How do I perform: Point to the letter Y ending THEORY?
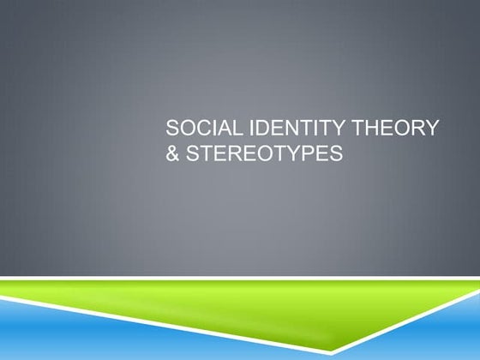click(x=433, y=130)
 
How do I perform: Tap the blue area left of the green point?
click(x=129, y=339)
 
